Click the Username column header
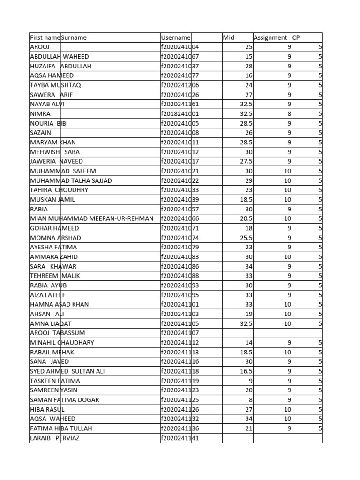(x=176, y=37)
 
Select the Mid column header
(x=229, y=37)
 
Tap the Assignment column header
(x=270, y=37)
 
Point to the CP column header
(x=296, y=37)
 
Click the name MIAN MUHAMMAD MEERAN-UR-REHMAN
(x=91, y=218)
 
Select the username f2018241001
(x=180, y=113)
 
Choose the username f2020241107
(x=180, y=333)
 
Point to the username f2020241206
(x=180, y=85)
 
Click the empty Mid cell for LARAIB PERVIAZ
(x=238, y=438)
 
